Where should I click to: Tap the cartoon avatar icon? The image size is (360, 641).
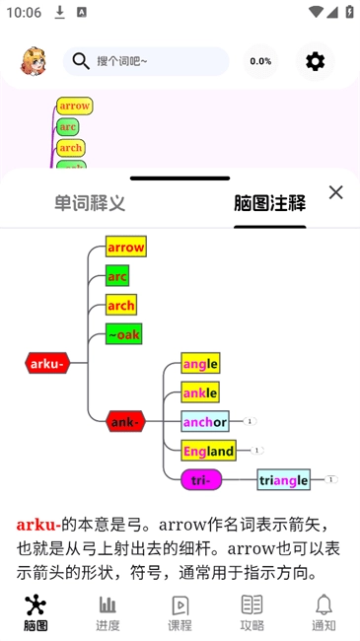coord(34,61)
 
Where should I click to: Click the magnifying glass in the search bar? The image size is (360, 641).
coord(81,61)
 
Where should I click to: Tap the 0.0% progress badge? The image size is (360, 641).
coord(260,61)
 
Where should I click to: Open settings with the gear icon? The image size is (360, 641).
coord(315,61)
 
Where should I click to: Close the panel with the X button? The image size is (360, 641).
coord(335,192)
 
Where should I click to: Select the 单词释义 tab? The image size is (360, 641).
coord(90,203)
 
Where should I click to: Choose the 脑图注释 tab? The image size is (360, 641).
coord(269,203)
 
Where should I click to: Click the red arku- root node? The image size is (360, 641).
coord(47,363)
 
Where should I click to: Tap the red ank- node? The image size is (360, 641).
coord(125,422)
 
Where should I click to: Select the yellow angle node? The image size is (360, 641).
coord(200,363)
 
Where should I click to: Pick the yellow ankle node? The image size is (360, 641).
coord(200,392)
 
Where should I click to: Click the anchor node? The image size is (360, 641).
coord(205,422)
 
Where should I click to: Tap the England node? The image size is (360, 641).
coord(208,451)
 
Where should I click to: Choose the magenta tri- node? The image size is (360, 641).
coord(201,480)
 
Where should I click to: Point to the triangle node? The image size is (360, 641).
coord(284,480)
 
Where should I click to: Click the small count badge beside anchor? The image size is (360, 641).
coord(251,421)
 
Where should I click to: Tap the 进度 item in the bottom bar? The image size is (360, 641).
coord(108,612)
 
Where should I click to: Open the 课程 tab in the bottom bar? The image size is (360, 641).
coord(180,612)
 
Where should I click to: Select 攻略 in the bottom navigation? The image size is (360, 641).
coord(252,612)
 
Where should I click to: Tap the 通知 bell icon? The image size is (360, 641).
coord(324,612)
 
